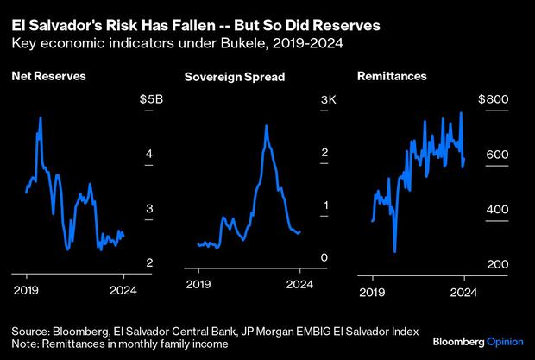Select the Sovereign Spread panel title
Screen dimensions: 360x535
coord(234,78)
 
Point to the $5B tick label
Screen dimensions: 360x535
coord(151,100)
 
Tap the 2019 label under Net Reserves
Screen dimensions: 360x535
coord(27,290)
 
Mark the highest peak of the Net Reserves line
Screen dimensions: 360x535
coord(40,117)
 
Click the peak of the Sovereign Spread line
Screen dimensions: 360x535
coord(266,126)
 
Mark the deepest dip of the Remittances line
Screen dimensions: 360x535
coord(394,251)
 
